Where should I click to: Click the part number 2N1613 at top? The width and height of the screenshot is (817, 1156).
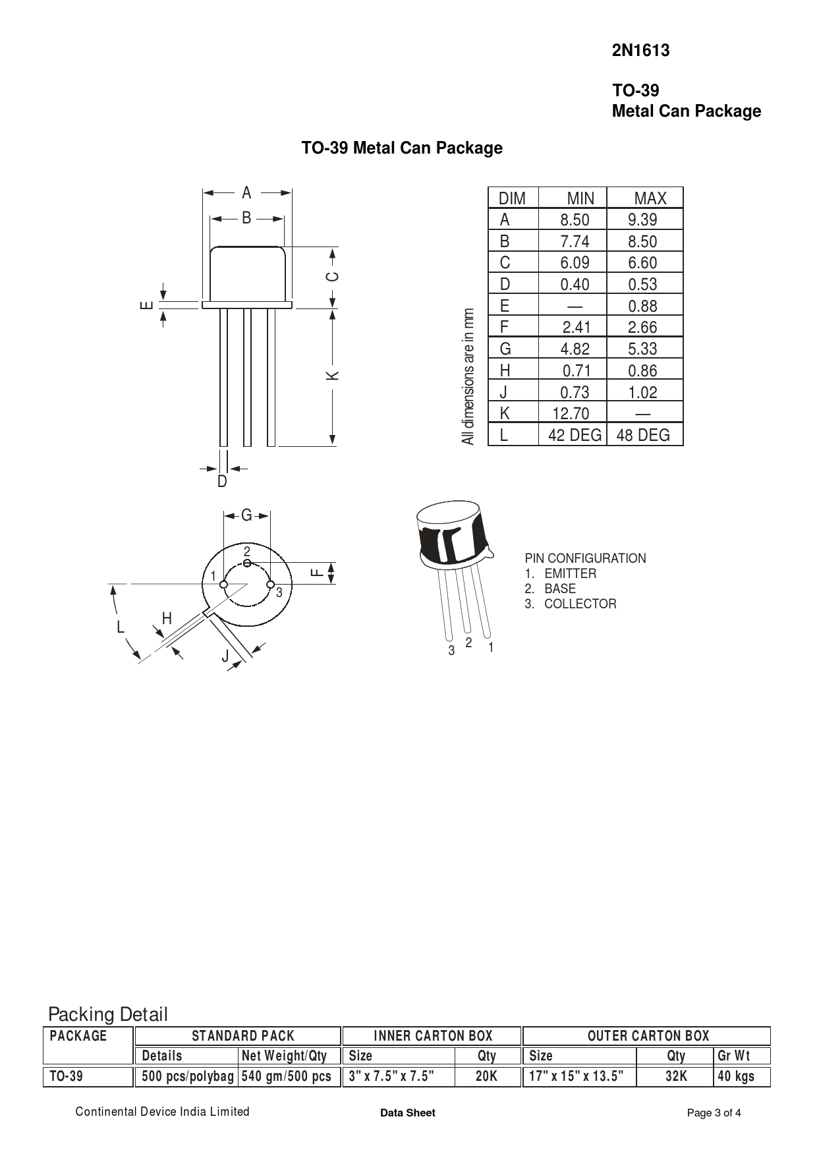click(x=640, y=51)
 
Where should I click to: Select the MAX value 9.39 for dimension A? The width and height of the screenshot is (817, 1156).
click(x=642, y=219)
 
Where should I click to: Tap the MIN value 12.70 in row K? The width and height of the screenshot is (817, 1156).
click(x=571, y=413)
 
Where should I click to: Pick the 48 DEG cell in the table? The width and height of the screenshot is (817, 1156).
click(x=643, y=435)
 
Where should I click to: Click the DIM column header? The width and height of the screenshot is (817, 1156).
click(x=513, y=198)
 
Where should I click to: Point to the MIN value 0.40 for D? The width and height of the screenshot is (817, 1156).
click(x=575, y=284)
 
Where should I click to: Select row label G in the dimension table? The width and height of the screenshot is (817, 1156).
click(x=505, y=349)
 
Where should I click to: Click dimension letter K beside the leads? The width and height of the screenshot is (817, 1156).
click(x=333, y=375)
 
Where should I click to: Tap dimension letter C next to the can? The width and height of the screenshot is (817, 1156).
click(x=333, y=276)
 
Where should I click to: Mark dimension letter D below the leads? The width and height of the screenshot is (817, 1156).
click(x=222, y=482)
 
